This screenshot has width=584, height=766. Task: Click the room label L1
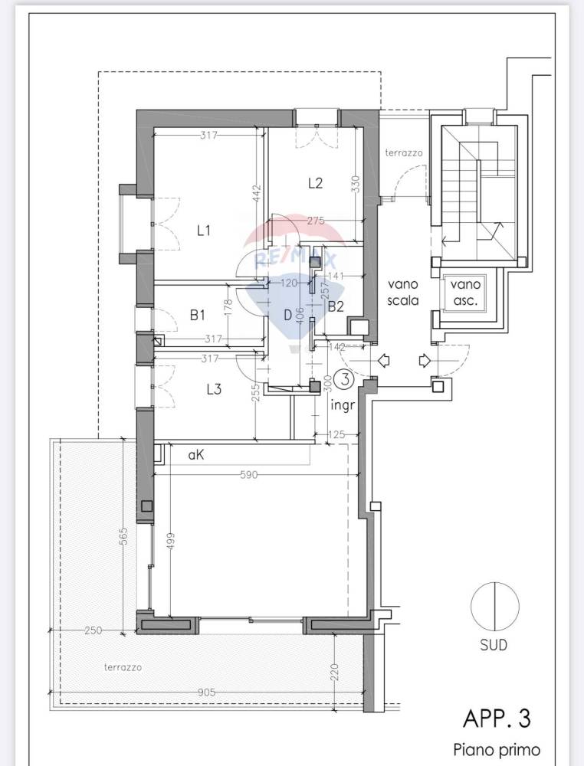[x=203, y=230]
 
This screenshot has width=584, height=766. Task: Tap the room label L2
[x=315, y=183]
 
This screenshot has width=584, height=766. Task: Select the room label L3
[x=214, y=389]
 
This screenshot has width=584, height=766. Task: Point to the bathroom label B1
[x=197, y=316]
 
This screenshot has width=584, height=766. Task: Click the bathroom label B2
[x=336, y=307]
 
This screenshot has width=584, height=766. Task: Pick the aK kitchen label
[x=196, y=455]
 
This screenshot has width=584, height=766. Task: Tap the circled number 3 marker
[x=346, y=379]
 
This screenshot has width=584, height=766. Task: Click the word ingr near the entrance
[x=342, y=405]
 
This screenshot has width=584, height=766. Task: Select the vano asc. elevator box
[x=466, y=293]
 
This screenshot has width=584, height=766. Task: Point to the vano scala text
[x=403, y=292]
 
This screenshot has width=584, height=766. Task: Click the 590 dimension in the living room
[x=249, y=474]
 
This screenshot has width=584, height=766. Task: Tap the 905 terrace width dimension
[x=207, y=692]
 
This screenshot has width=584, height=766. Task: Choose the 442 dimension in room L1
[x=258, y=194]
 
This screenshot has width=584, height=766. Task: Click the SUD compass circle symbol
[x=494, y=606]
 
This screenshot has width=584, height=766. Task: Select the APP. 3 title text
[x=497, y=719]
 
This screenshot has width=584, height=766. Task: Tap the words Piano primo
[x=497, y=749]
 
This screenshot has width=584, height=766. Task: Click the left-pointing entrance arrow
[x=384, y=361]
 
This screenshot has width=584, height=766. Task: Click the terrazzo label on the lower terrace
[x=123, y=667]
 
